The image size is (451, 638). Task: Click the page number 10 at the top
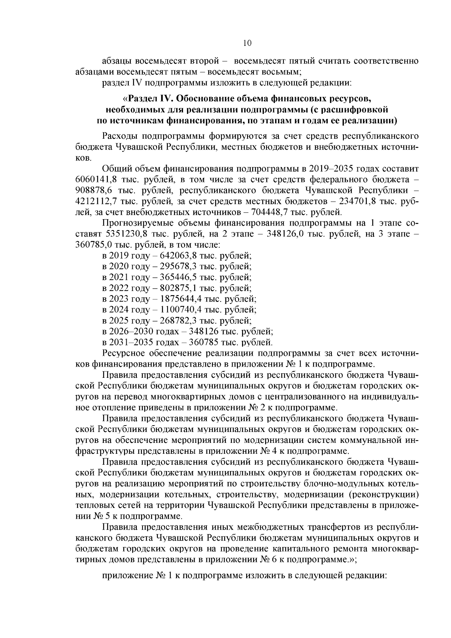click(247, 43)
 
